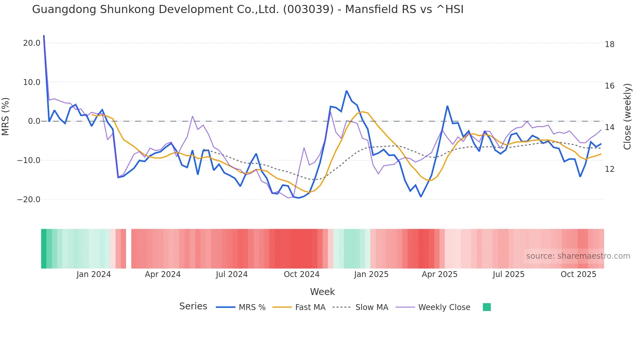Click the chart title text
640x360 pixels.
248,9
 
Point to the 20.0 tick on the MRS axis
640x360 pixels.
32,43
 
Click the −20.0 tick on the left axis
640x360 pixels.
29,200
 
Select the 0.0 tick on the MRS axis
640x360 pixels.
34,121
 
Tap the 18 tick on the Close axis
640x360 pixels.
609,44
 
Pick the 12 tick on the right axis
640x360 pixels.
609,169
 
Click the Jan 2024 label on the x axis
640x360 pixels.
94,274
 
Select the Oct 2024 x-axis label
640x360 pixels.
301,274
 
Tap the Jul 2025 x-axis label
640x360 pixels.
508,274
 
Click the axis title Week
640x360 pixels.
322,292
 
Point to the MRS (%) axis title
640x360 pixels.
6,117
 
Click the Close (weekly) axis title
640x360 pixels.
627,117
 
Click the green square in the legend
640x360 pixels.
487,307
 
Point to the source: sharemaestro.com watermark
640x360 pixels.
578,256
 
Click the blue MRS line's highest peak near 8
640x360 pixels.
346,91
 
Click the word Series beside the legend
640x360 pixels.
193,306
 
